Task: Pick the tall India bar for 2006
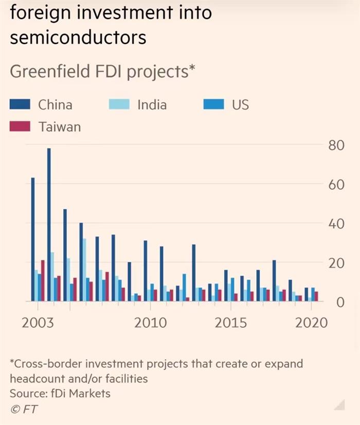pyautogui.click(x=84, y=270)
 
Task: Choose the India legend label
pyautogui.click(x=152, y=105)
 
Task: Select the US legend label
pyautogui.click(x=240, y=105)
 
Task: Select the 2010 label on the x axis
pyautogui.click(x=150, y=323)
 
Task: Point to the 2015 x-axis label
pyautogui.click(x=230, y=323)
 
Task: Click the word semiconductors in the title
pyautogui.click(x=78, y=37)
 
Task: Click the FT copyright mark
pyautogui.click(x=24, y=409)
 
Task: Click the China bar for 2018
pyautogui.click(x=275, y=281)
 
